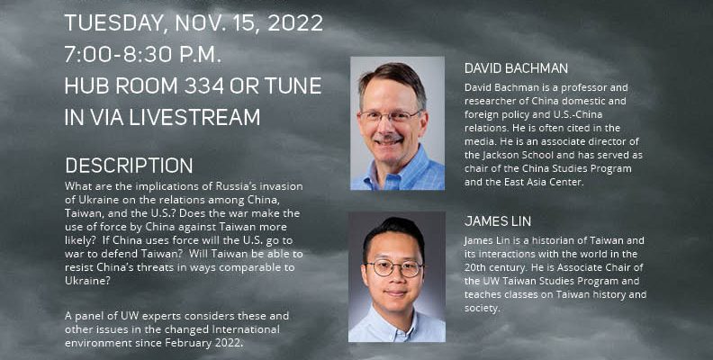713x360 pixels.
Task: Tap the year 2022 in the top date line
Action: coord(295,23)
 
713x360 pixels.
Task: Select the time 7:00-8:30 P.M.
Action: coord(143,55)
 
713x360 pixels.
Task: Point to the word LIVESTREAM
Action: coord(194,117)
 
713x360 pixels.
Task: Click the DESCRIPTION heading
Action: coord(129,166)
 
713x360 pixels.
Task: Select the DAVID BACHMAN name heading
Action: coord(516,68)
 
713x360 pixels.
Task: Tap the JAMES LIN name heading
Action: coord(498,221)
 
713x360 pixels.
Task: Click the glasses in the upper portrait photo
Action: coord(390,116)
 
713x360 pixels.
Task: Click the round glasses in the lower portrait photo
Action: coord(394,268)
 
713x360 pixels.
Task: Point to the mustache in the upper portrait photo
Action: coord(387,137)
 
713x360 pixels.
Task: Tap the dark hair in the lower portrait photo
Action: coord(393,233)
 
